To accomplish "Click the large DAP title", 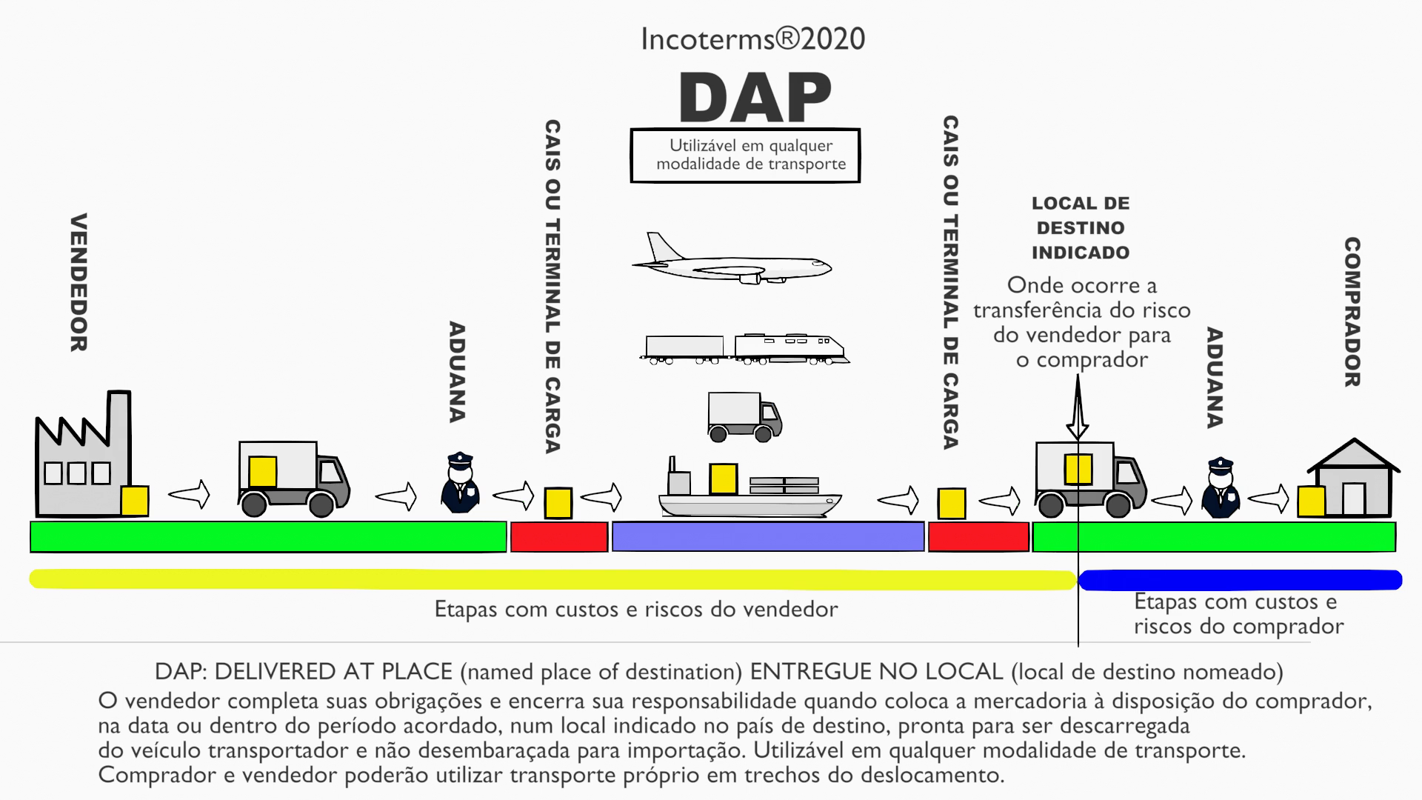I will pos(755,98).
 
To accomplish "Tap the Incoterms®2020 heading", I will pos(752,39).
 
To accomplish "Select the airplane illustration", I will pos(731,261).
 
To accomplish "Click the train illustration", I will pos(744,349).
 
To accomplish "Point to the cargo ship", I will pos(749,493).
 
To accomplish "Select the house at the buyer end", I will pos(1354,480).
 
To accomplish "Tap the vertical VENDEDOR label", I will pos(79,282).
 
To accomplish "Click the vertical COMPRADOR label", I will pos(1352,312).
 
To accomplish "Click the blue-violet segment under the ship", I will pos(768,537).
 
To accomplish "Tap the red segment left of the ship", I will pos(558,537).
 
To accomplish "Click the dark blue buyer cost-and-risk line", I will pos(1240,580).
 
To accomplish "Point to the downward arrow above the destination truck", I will pos(1078,411).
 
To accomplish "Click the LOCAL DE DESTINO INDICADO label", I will pos(1081,228).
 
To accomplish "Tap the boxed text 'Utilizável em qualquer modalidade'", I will pos(745,156).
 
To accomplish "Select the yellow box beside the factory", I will pos(135,501).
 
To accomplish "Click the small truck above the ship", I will pos(744,417).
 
